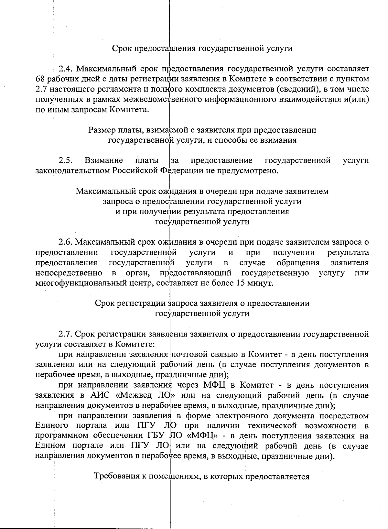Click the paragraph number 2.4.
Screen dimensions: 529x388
pyautogui.click(x=66, y=69)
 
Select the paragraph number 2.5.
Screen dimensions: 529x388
pyautogui.click(x=65, y=160)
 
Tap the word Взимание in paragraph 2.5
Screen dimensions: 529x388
pyautogui.click(x=104, y=160)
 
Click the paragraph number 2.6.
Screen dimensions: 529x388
pyautogui.click(x=66, y=242)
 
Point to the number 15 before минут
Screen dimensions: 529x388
pyautogui.click(x=247, y=283)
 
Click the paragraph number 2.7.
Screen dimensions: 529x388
pyautogui.click(x=66, y=334)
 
